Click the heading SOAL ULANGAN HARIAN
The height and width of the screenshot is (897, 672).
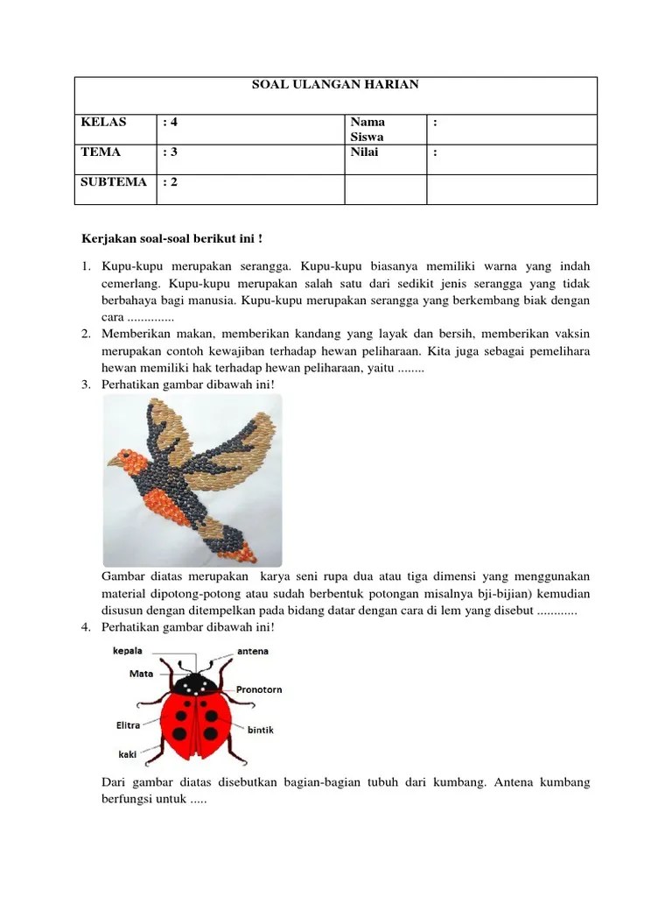336,85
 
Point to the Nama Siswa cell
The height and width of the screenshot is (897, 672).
367,130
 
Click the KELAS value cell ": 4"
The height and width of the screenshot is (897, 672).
172,123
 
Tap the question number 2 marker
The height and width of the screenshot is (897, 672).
87,334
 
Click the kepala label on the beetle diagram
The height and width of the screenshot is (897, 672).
127,651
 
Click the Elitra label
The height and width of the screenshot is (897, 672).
129,725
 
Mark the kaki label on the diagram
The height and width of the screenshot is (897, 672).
127,753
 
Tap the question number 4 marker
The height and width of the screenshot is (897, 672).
87,627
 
